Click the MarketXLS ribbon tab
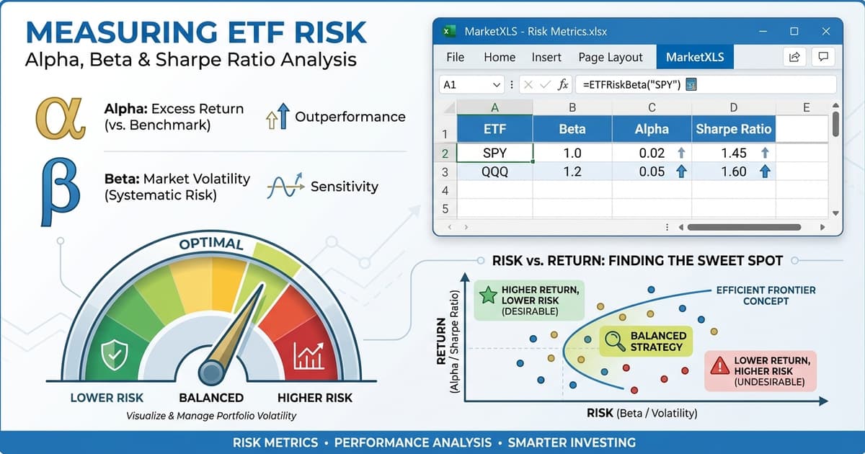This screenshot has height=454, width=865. tap(695, 57)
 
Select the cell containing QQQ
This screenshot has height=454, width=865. tap(494, 172)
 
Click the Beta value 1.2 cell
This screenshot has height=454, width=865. tap(572, 172)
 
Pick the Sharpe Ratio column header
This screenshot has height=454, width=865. tap(733, 130)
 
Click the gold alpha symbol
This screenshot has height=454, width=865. tap(61, 119)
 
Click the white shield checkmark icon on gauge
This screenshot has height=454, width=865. tap(115, 354)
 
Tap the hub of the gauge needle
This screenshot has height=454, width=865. tap(211, 371)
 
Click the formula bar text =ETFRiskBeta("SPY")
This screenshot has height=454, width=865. tap(631, 84)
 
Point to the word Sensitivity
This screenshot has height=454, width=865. tap(344, 187)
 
